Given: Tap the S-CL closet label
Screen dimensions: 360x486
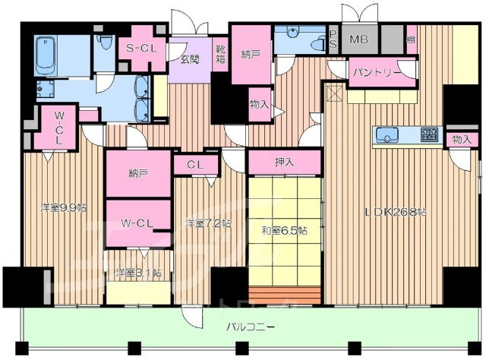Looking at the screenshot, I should [140, 48].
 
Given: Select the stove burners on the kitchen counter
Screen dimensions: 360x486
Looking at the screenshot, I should [429, 135].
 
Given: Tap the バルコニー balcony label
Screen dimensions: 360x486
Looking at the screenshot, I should [250, 328].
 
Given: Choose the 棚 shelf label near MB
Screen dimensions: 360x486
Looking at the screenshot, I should [411, 38].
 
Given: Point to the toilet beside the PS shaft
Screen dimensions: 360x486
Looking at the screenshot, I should [313, 42].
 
